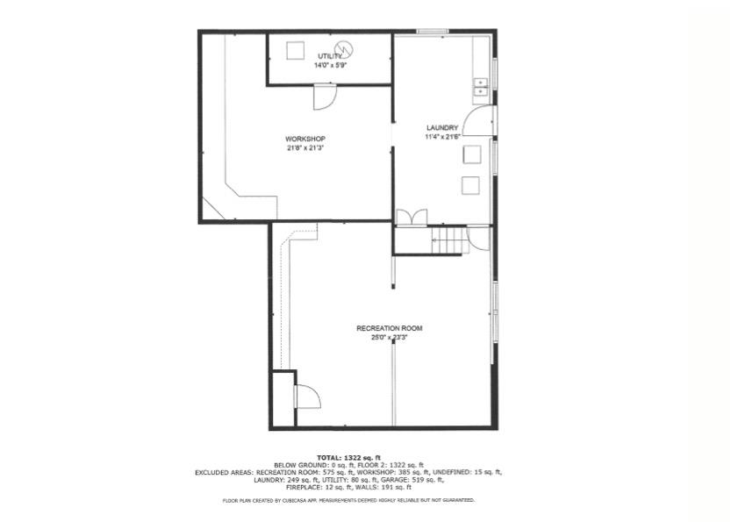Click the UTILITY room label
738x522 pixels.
pyautogui.click(x=330, y=56)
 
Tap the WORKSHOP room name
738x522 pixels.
pyautogui.click(x=305, y=139)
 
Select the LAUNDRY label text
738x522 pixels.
pyautogui.click(x=442, y=127)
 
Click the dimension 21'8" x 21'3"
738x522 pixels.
pyautogui.click(x=305, y=148)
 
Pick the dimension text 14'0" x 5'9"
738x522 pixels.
pyautogui.click(x=330, y=65)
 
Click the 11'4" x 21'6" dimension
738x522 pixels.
pyautogui.click(x=442, y=136)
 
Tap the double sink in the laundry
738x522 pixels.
pyautogui.click(x=481, y=86)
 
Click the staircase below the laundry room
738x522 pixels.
pyautogui.click(x=450, y=240)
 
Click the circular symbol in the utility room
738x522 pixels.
pyautogui.click(x=345, y=48)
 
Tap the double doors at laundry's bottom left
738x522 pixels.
pyautogui.click(x=412, y=218)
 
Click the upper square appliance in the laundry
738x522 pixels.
pyautogui.click(x=471, y=154)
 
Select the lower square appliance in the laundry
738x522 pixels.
pyautogui.click(x=471, y=185)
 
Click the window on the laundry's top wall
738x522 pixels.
pyautogui.click(x=433, y=32)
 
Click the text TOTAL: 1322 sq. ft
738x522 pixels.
pyautogui.click(x=348, y=458)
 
